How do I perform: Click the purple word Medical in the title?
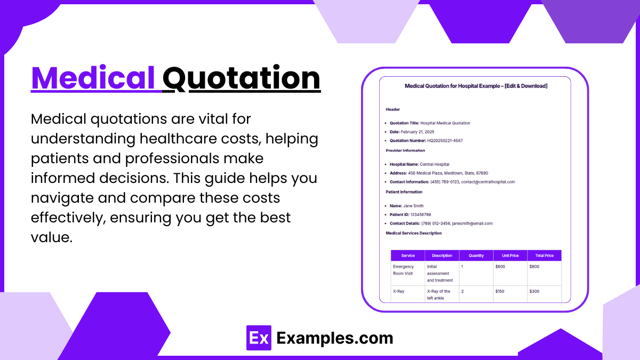click(x=93, y=78)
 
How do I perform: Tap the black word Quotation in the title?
click(x=242, y=78)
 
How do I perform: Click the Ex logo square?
click(x=259, y=338)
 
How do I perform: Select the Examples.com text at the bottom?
click(x=335, y=338)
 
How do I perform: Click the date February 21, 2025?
click(x=417, y=132)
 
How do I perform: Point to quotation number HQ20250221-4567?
click(x=445, y=141)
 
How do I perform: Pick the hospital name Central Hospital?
click(x=434, y=164)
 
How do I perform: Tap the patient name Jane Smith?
click(x=413, y=206)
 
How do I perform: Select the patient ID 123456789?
click(x=420, y=214)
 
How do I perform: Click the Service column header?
click(x=407, y=255)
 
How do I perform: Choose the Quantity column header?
click(x=476, y=255)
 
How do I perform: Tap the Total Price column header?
click(x=545, y=255)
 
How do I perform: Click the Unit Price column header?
click(x=510, y=255)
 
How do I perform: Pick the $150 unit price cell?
click(x=500, y=291)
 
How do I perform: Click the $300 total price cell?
click(x=534, y=291)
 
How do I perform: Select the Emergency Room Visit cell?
click(x=403, y=270)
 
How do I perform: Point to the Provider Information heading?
click(x=405, y=150)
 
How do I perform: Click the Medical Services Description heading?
click(x=413, y=233)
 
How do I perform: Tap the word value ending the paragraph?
click(x=51, y=237)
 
